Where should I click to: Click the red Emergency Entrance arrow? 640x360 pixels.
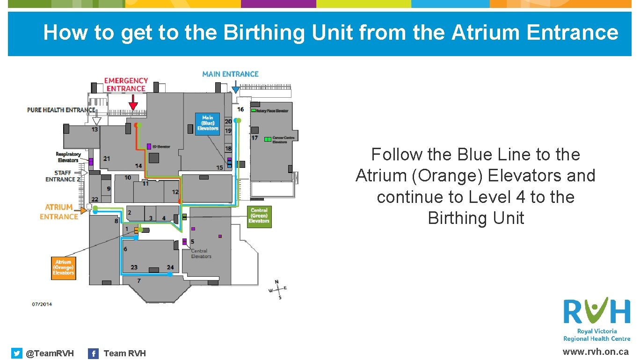point(133,102)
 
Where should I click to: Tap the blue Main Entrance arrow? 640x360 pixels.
point(236,88)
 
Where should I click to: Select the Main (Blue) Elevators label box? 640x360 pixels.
point(207,123)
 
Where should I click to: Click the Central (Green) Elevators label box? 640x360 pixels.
point(259,216)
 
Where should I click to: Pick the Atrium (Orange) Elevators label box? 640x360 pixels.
point(63,267)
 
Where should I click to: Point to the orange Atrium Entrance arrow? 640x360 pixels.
point(83,211)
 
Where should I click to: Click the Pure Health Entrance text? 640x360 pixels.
point(61,110)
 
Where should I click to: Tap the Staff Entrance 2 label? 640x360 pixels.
point(64,176)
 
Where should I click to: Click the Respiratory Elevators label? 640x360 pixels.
point(68,157)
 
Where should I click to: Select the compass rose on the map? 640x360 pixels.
point(278,289)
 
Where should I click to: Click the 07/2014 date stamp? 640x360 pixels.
point(42,304)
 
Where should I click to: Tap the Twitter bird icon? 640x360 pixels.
point(17,353)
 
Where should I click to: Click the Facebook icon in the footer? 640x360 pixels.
point(94,353)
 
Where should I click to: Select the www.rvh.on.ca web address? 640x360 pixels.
point(595,352)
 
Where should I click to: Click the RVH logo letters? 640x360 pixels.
point(596,310)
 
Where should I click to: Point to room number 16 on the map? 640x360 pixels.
point(240,109)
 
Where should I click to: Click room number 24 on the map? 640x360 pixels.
point(170,267)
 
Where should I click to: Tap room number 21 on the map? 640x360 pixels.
point(107,158)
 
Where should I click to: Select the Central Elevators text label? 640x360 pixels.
point(201,254)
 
